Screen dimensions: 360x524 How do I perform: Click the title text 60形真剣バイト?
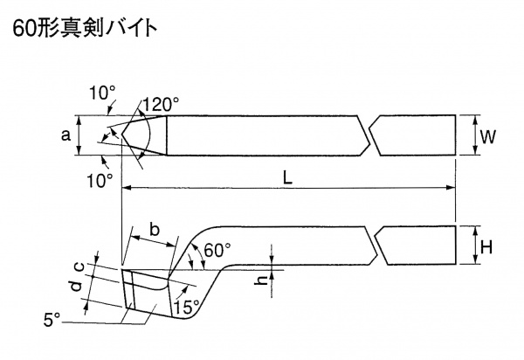pos(84,29)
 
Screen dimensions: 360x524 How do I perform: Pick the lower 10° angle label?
pos(100,179)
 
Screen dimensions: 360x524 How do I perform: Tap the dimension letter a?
pos(65,135)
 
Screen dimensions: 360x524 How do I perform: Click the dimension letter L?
pos(287,177)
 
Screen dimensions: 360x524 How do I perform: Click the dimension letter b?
pos(154,231)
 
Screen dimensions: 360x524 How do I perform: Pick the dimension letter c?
pos(79,264)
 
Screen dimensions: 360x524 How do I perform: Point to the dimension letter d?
pos(76,285)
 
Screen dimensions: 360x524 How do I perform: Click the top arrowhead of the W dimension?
pos(474,117)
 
